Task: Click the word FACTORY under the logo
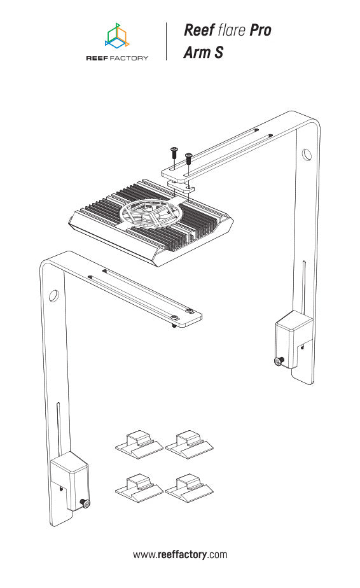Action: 129,58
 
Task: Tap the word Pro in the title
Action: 260,31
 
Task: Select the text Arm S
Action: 204,52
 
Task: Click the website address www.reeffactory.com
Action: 180,555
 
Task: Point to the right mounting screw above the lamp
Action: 189,158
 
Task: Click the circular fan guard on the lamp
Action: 149,214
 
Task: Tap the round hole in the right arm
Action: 307,155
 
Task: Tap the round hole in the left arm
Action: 53,296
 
